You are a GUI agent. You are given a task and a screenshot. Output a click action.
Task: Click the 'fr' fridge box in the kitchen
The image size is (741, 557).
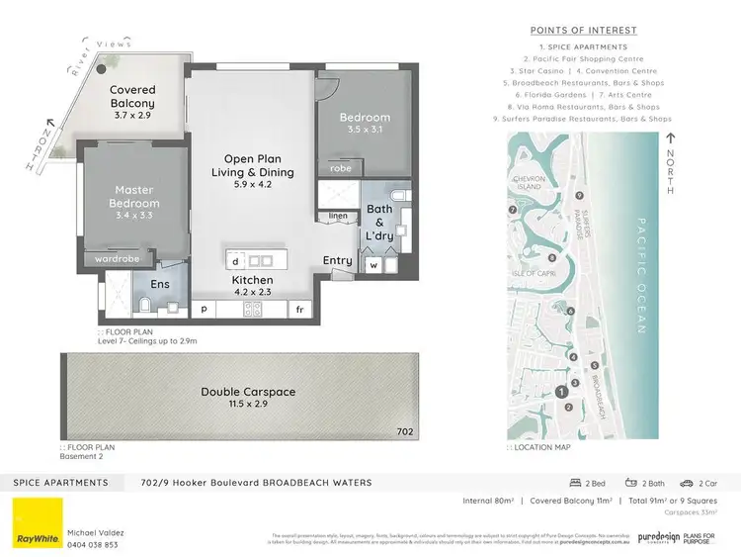(x=298, y=310)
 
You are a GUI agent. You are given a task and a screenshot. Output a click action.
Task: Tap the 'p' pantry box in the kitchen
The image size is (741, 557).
(x=206, y=310)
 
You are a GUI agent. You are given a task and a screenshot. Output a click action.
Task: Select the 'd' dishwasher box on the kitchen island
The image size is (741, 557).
(x=236, y=261)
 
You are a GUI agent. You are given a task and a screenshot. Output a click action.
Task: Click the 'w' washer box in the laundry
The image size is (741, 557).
(x=373, y=264)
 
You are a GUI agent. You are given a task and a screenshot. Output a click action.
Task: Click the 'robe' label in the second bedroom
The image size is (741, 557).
(x=340, y=169)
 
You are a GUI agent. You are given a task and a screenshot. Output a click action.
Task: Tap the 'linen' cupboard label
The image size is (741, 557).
(x=338, y=215)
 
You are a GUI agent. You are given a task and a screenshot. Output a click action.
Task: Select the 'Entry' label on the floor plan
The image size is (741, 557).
(x=337, y=260)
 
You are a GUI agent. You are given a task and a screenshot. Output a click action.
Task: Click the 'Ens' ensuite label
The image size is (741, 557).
(x=159, y=283)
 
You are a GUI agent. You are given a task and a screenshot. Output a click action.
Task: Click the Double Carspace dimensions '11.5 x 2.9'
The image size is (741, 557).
(x=249, y=406)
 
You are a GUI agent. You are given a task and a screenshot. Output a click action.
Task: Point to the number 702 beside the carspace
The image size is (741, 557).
(x=405, y=431)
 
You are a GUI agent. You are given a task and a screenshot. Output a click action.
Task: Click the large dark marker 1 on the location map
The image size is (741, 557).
(x=562, y=393)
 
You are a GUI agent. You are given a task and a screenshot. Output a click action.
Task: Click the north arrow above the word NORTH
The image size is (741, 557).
(x=671, y=141)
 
